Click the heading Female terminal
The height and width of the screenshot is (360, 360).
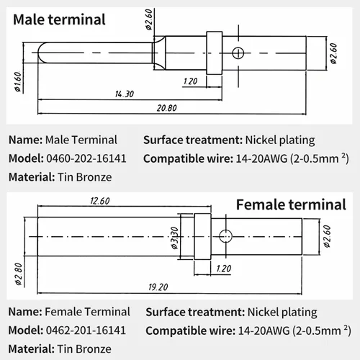291,205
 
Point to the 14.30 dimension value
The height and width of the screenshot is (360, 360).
124,94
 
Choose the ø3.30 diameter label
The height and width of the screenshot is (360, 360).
174,238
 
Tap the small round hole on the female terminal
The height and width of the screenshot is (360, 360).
225,235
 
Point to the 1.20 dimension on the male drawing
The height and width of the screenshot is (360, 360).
190,81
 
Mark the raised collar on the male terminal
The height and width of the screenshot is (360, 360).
213,52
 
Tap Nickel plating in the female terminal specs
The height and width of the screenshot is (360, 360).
281,312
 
